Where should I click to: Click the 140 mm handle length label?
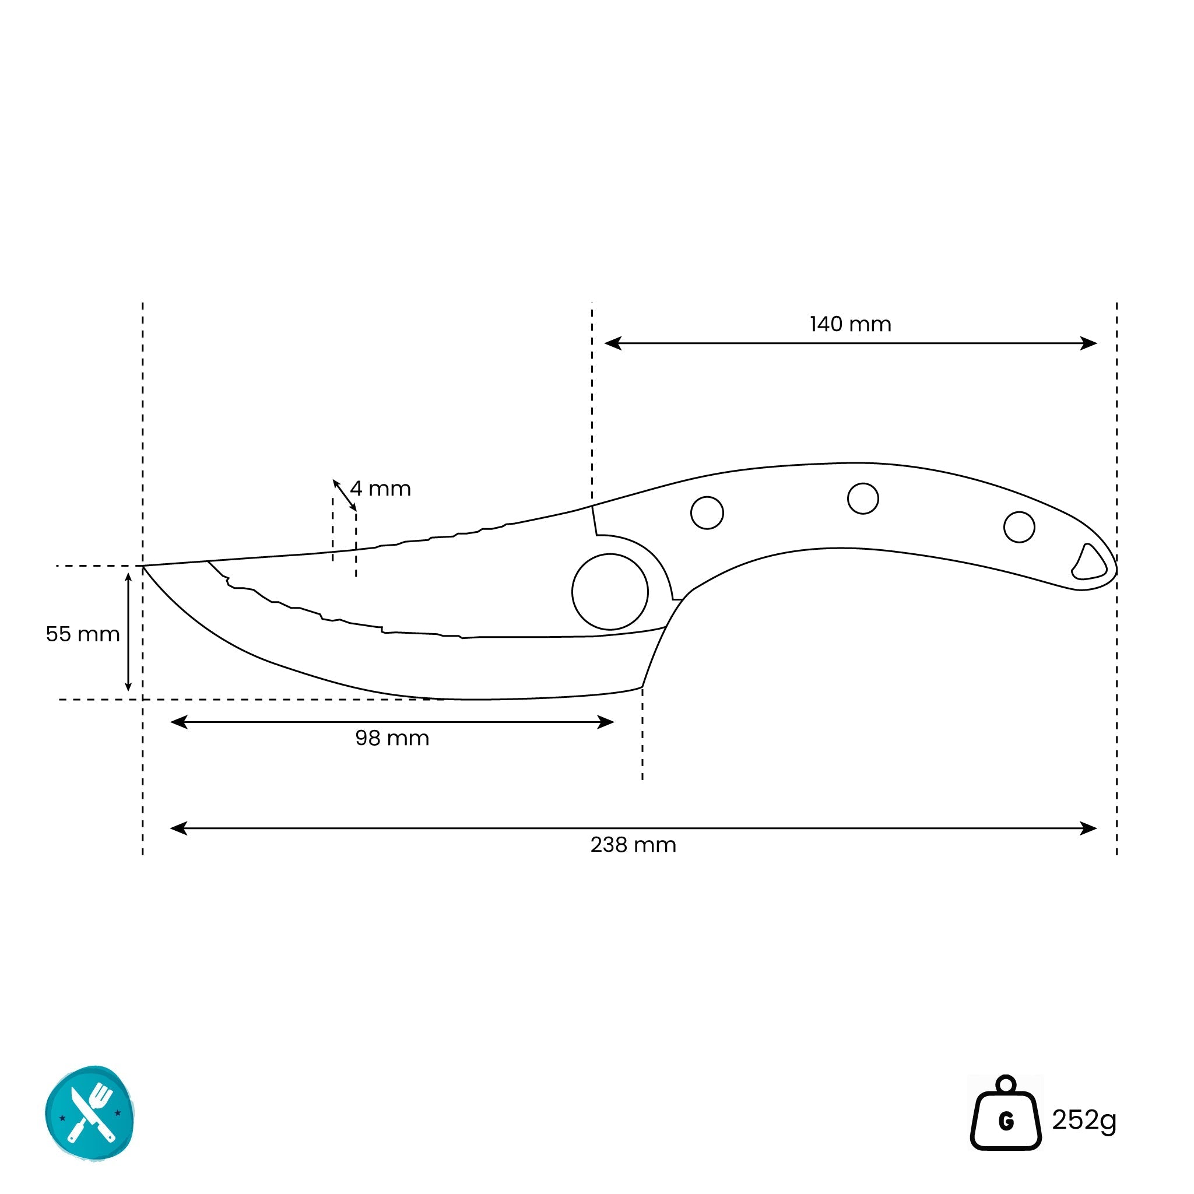851,325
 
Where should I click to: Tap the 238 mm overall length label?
633,845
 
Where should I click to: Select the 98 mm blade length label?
392,738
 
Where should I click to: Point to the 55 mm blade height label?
83,634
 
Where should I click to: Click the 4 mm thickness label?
380,489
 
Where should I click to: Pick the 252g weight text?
1084,1121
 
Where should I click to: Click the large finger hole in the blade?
610,591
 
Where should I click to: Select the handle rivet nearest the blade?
707,512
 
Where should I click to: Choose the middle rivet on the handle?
863,498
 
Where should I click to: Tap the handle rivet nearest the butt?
1019,527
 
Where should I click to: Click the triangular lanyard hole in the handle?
1090,563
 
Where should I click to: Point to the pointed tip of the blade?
143,566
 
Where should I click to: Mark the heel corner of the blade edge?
642,687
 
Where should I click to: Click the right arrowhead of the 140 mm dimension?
1089,343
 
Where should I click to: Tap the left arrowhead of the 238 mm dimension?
178,828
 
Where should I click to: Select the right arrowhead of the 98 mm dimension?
606,722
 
